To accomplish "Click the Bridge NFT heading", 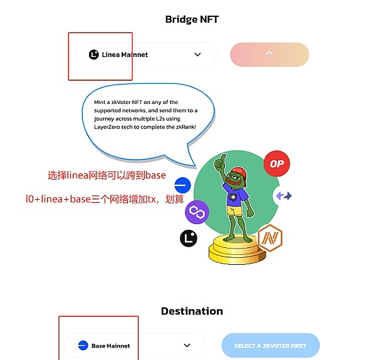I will coord(192,19).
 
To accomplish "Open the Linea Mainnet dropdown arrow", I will coord(197,54).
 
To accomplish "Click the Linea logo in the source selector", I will coord(94,54).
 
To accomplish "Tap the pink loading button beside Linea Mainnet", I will coord(269,54).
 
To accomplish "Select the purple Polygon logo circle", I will coord(197,213).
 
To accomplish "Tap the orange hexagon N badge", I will coord(270,238).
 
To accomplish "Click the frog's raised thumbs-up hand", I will coord(220,164).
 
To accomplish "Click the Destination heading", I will coord(192,311).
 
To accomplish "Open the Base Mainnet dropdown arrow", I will coord(187,345).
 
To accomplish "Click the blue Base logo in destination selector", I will coord(83,345).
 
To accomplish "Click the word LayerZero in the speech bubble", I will coord(110,126).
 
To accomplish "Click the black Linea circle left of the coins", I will coord(189,238).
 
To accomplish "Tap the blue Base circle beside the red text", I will coord(182,185).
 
